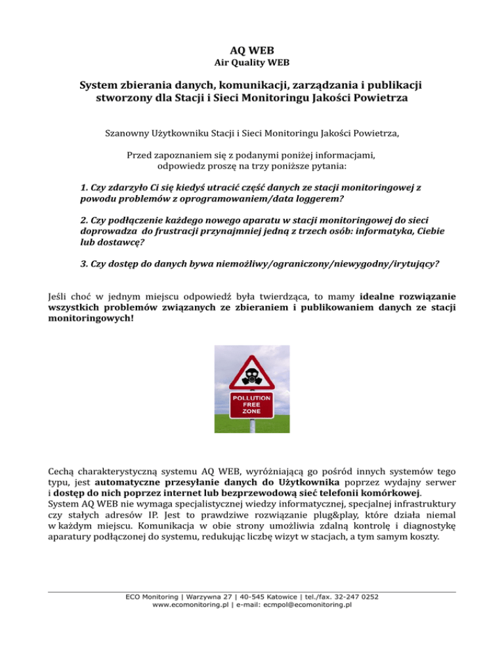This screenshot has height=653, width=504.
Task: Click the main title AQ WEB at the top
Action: click(252, 49)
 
